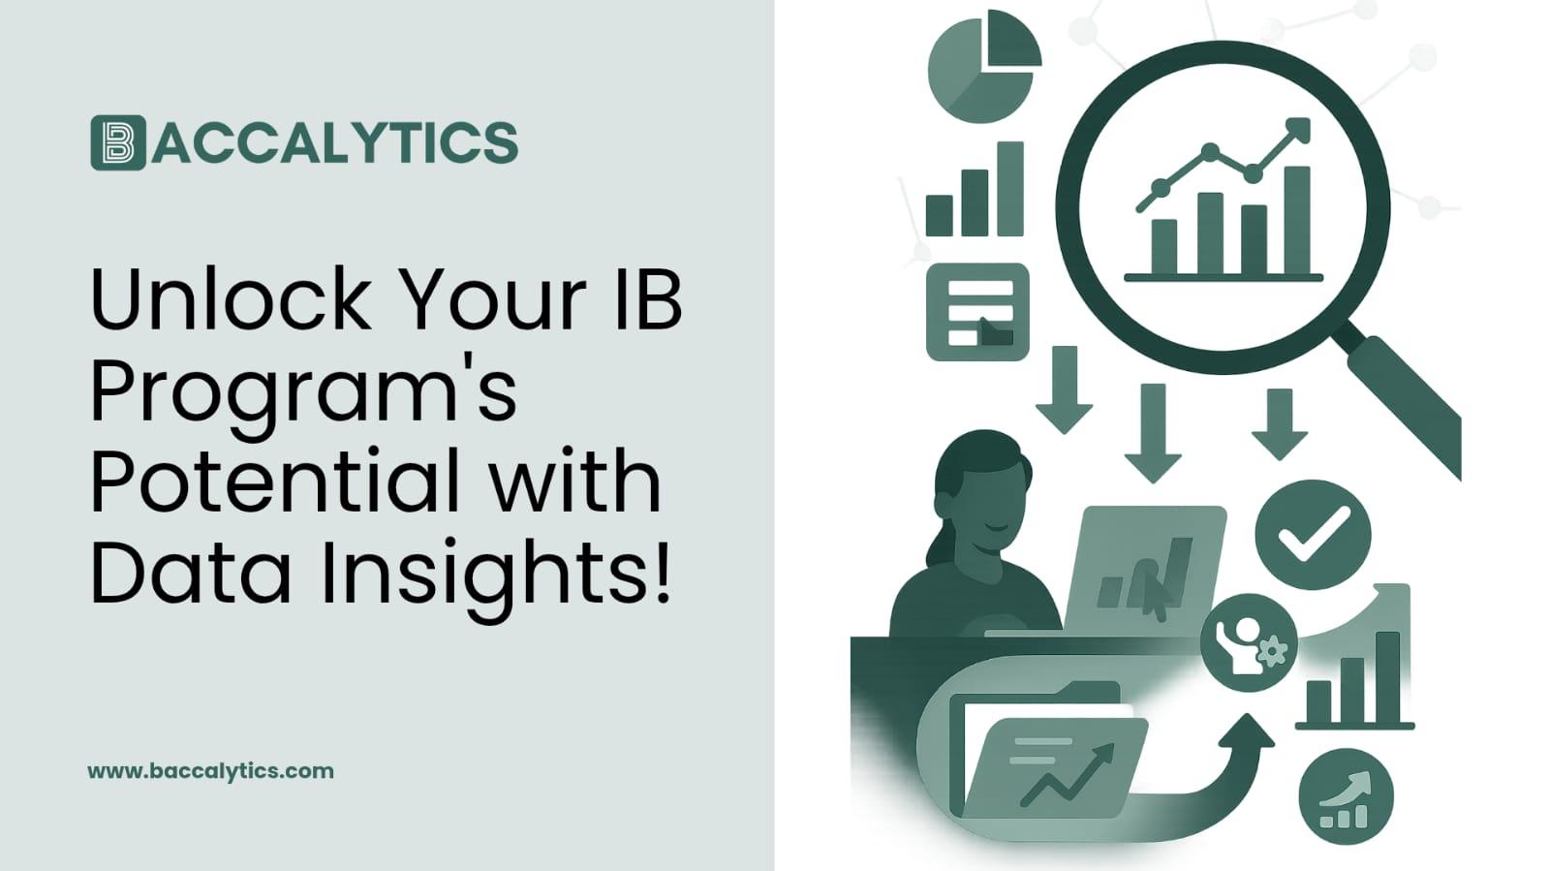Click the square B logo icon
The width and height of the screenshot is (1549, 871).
click(117, 142)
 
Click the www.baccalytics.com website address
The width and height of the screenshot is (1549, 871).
click(210, 771)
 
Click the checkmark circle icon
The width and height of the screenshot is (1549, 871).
click(1312, 534)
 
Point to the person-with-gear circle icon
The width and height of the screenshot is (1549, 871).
click(1248, 642)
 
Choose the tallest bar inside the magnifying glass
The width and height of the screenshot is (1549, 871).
click(1296, 220)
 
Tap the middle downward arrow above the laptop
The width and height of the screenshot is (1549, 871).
click(1152, 432)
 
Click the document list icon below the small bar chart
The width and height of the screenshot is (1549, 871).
click(977, 312)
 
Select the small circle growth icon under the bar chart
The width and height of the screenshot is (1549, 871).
click(1346, 796)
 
